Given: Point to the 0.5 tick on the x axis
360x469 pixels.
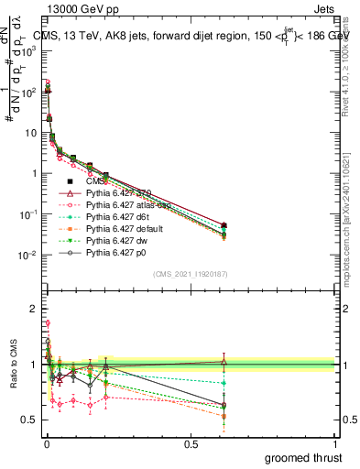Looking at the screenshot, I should (191, 444).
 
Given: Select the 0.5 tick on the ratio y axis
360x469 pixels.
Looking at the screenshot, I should (29, 420).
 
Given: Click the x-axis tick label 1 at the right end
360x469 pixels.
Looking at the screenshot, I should (334, 444).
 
